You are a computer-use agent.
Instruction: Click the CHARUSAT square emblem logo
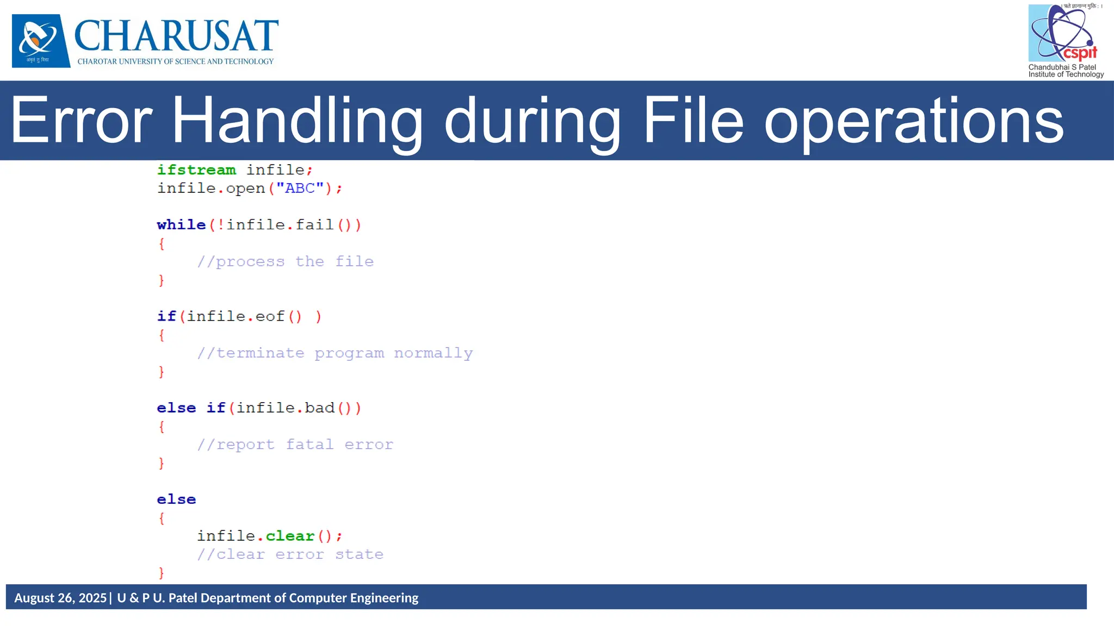tap(41, 41)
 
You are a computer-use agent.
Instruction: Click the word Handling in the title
tap(296, 121)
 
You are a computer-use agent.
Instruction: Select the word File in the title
tap(693, 121)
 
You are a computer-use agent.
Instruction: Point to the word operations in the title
tap(914, 121)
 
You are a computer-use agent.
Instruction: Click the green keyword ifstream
tap(196, 170)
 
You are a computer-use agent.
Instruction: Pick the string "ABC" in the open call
tap(300, 189)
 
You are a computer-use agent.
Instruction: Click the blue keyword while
tap(181, 225)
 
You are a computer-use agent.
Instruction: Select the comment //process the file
tap(285, 262)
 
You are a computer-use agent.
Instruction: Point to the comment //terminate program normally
tap(335, 353)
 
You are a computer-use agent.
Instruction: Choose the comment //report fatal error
tap(295, 445)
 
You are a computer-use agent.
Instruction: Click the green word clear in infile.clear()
tap(290, 536)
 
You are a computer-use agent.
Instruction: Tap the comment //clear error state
tap(290, 555)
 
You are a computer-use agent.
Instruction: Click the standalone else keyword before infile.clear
tap(176, 499)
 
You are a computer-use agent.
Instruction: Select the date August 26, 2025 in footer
tap(60, 598)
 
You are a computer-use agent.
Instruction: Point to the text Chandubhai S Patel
tap(1062, 67)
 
